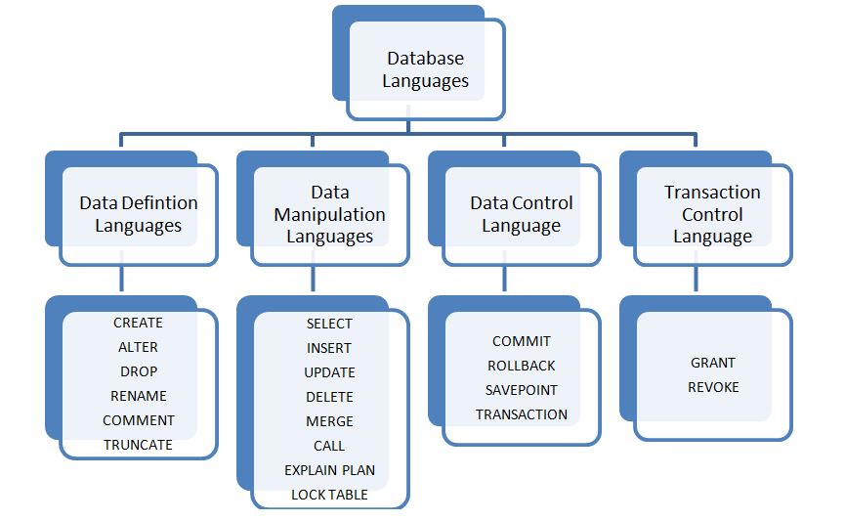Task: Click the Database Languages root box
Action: pyautogui.click(x=425, y=70)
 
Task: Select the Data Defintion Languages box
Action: pyautogui.click(x=138, y=214)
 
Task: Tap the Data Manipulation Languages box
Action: pyautogui.click(x=329, y=214)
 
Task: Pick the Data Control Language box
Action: pyautogui.click(x=521, y=214)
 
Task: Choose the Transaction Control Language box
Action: pyautogui.click(x=712, y=214)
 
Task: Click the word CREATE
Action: pyautogui.click(x=138, y=323)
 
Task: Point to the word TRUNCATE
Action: pyautogui.click(x=138, y=445)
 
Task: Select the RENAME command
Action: pyautogui.click(x=138, y=396)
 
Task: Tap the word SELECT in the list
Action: pyautogui.click(x=329, y=324)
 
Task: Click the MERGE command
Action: pyautogui.click(x=329, y=421)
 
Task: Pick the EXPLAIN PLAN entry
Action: pyautogui.click(x=329, y=470)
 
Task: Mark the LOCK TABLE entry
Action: pyautogui.click(x=329, y=495)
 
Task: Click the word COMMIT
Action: pyautogui.click(x=521, y=341)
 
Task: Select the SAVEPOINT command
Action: pyautogui.click(x=521, y=390)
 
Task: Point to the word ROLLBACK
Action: pyautogui.click(x=521, y=366)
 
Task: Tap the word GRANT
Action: pyautogui.click(x=712, y=363)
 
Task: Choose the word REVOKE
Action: pyautogui.click(x=712, y=387)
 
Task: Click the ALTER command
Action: pyautogui.click(x=138, y=347)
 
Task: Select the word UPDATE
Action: pyautogui.click(x=329, y=372)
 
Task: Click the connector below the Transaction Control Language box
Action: pyautogui.click(x=696, y=280)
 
